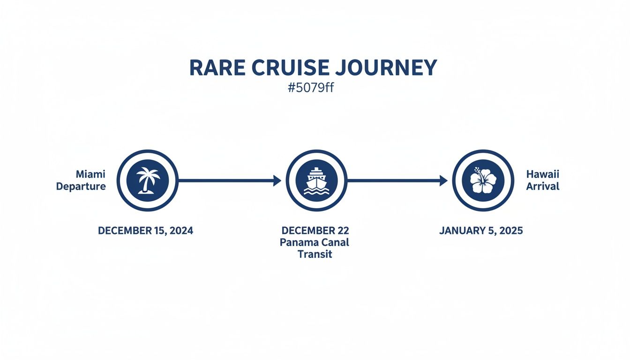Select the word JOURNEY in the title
coord(386,68)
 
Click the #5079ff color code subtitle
coord(311,88)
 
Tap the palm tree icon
coord(147,180)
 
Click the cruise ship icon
coord(316,180)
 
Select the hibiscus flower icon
coord(483,180)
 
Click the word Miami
coord(90,174)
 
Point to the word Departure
coord(81,187)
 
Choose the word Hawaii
coord(543,174)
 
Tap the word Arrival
coord(543,187)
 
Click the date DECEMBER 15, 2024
coord(145,231)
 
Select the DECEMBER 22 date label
coord(315,231)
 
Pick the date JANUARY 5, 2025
coord(481,231)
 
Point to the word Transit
coord(315,255)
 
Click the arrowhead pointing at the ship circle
coord(277,180)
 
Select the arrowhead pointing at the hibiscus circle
coord(443,180)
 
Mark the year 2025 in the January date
coord(510,231)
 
